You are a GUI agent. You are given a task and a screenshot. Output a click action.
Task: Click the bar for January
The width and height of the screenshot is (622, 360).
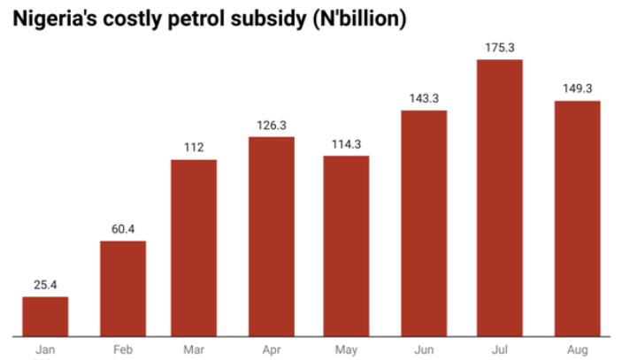(x=45, y=317)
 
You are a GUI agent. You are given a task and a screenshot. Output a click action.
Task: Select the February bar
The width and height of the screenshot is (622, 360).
(x=123, y=288)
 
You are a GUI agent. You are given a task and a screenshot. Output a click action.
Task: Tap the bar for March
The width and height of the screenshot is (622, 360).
(x=194, y=248)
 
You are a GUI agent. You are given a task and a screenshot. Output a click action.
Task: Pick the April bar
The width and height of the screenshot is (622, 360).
(x=272, y=236)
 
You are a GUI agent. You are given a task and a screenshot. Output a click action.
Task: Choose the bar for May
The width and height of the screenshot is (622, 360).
(x=346, y=246)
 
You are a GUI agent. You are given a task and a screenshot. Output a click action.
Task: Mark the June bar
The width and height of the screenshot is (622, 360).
(x=424, y=223)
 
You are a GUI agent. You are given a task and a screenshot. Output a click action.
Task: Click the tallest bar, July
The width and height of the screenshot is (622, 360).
(x=500, y=197)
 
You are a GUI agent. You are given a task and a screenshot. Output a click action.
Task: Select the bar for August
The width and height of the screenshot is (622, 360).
(x=577, y=218)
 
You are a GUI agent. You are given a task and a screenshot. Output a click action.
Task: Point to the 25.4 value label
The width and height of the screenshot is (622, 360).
(x=45, y=285)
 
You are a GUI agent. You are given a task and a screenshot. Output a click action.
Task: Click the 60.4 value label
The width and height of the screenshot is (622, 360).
(x=123, y=229)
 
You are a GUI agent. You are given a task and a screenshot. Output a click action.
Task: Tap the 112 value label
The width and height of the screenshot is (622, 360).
(x=194, y=148)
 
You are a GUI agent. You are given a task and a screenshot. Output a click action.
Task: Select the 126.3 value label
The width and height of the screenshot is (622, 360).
(x=272, y=125)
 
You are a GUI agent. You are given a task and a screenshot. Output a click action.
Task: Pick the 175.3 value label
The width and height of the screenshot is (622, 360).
(x=500, y=47)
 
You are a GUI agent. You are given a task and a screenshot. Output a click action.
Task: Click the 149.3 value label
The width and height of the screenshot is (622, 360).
(x=577, y=88)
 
